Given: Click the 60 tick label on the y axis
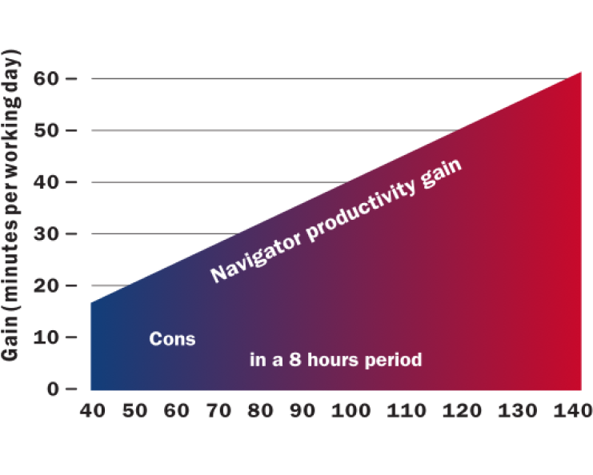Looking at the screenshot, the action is coord(46,78).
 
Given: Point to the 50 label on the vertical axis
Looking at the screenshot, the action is coord(46,130).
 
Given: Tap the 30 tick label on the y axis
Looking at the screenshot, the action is coord(46,234).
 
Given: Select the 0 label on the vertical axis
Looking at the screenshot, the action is coord(53,389).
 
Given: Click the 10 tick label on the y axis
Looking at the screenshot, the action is coord(46,337).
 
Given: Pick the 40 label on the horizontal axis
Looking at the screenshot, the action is coord(92,411).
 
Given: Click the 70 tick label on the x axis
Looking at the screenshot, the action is coord(218,411).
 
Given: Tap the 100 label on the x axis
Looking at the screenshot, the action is coord(351,411).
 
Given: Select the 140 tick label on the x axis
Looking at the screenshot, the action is coord(573,411).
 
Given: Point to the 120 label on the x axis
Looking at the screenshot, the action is coord(462,411).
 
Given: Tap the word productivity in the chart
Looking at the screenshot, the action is coord(362,209).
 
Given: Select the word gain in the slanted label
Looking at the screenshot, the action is coord(441,173).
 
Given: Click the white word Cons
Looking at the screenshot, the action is coord(172,339).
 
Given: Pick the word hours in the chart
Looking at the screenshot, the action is coord(333,359).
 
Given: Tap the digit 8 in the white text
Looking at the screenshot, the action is coord(295,359).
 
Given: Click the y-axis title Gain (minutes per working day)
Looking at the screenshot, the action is coord(10,206).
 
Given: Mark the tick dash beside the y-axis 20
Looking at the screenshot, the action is coord(71,285).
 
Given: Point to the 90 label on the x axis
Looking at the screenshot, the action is coord(303,411).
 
